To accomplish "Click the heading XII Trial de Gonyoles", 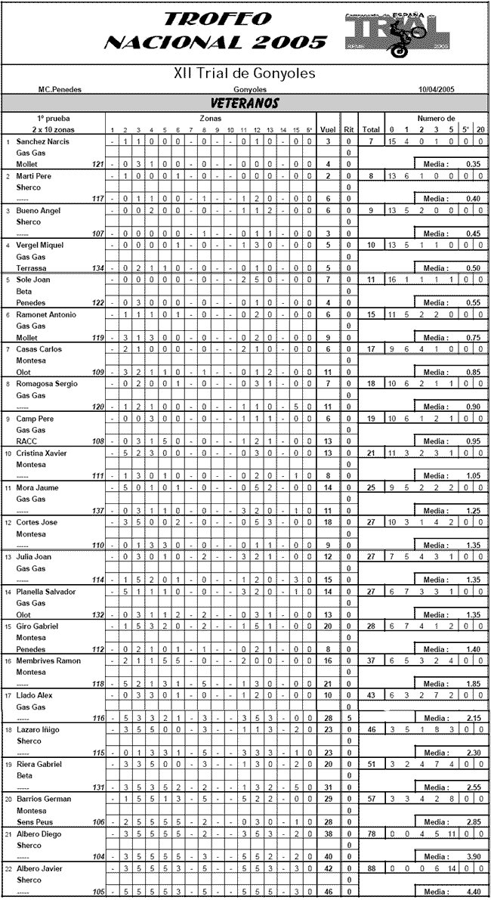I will tap(245, 74).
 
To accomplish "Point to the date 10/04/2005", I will tap(437, 89).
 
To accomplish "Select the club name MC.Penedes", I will tap(60, 89).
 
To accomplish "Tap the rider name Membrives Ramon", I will tap(48, 661).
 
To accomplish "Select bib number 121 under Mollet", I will tap(97, 164).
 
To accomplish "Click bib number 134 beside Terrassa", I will tap(97, 268).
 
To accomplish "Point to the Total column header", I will tap(370, 130).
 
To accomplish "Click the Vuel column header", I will tap(328, 130).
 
